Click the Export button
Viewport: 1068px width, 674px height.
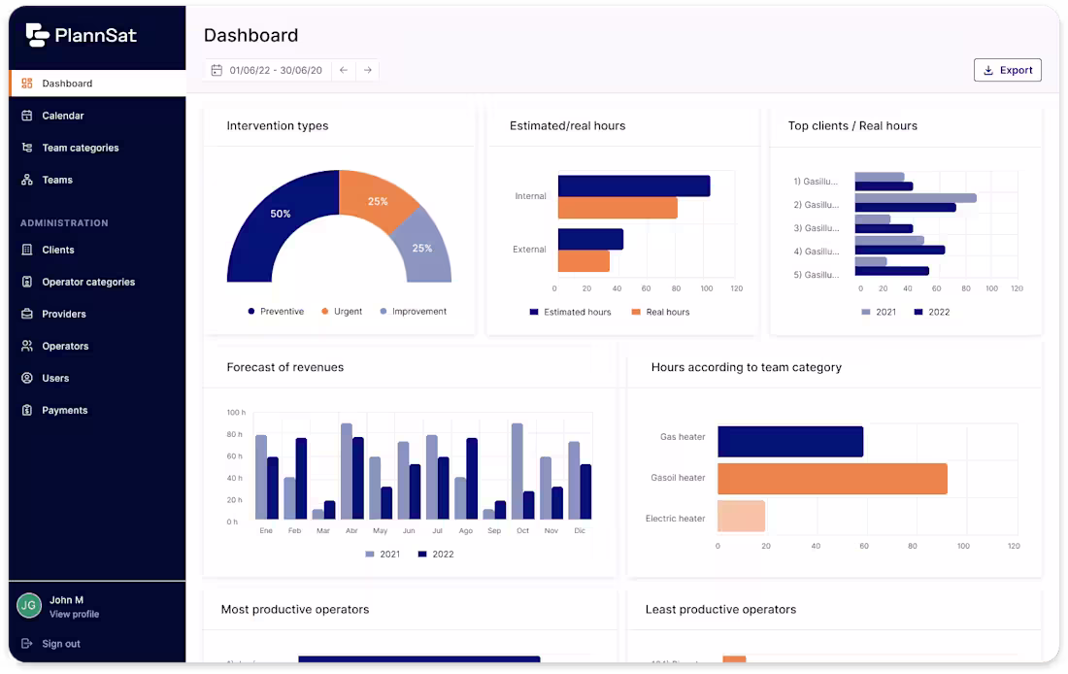point(1007,70)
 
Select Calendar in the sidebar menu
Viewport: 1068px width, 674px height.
point(63,116)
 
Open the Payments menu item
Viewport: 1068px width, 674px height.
point(64,410)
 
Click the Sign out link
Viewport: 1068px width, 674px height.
point(60,643)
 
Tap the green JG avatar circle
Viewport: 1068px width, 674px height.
point(29,606)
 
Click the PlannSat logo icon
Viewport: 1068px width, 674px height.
point(37,35)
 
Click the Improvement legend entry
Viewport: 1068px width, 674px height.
point(418,312)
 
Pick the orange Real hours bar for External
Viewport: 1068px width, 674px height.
point(584,261)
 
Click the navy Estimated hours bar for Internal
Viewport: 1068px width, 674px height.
point(633,185)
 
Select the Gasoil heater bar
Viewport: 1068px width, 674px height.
point(831,478)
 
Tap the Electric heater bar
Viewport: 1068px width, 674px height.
point(741,517)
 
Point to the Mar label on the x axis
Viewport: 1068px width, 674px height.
point(323,531)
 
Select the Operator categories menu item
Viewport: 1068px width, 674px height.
point(87,282)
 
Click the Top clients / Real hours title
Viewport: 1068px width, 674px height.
point(851,125)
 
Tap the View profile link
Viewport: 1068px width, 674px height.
point(74,614)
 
